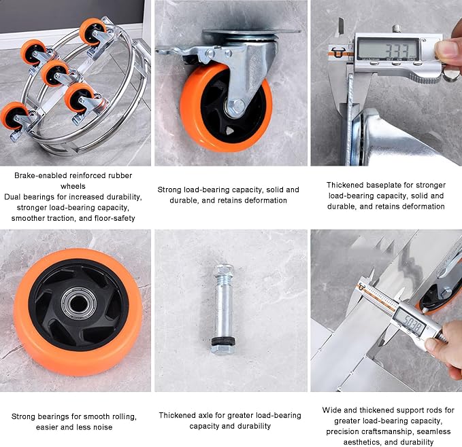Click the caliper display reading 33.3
388,50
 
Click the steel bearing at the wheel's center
79,303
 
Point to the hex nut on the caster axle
235,107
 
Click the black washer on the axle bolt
223,342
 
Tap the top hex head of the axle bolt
224,271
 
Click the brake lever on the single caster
180,53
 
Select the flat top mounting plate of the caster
251,31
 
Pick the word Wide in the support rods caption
331,410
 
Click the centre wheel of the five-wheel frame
54,73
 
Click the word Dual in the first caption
13,197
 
